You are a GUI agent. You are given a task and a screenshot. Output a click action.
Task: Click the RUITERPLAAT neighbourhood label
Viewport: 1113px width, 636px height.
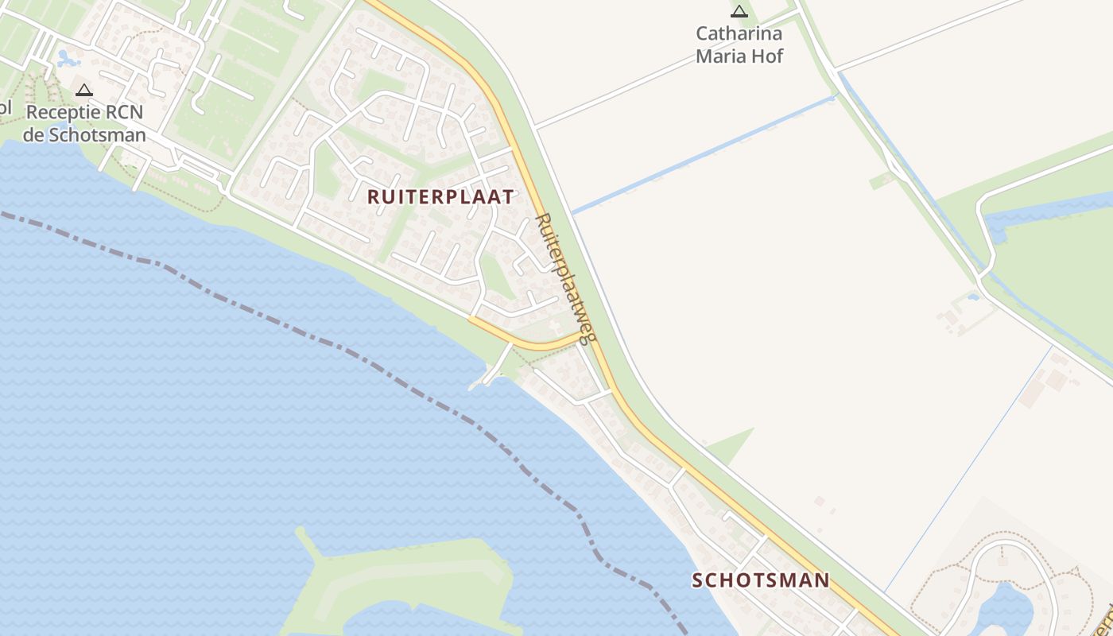coord(440,197)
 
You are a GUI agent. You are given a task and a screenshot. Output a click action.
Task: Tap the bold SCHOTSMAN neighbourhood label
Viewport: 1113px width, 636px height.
coord(760,580)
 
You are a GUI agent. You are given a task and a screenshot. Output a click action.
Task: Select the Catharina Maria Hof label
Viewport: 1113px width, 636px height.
coord(739,45)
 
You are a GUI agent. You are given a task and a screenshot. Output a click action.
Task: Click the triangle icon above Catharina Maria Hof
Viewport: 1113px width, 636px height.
coord(739,11)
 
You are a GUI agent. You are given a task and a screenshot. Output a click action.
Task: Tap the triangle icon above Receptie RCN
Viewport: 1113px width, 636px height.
coord(84,90)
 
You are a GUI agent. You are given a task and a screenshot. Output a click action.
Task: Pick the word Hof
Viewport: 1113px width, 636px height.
coord(768,56)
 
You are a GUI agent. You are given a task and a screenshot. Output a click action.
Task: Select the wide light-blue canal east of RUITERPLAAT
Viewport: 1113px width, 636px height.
coord(700,156)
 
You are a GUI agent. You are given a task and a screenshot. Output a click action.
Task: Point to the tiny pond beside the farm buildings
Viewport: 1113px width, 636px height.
coord(972,297)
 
